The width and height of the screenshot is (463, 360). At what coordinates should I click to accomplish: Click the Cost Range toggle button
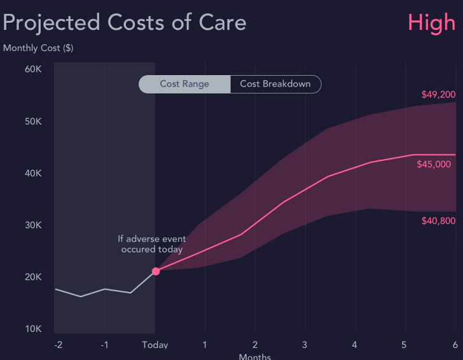[x=184, y=84]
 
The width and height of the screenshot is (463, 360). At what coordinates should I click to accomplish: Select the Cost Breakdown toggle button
[x=275, y=84]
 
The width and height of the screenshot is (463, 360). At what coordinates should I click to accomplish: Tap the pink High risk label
[x=432, y=23]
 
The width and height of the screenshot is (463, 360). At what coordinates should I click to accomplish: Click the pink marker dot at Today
[x=156, y=271]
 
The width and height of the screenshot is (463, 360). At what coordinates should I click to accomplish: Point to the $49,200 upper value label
[x=438, y=95]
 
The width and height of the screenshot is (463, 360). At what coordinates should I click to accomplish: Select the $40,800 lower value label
[x=438, y=221]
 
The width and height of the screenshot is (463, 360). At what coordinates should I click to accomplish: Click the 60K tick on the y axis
[x=33, y=69]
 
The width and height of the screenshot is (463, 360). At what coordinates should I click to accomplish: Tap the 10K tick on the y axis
[x=33, y=329]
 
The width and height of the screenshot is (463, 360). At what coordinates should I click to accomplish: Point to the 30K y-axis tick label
[x=33, y=225]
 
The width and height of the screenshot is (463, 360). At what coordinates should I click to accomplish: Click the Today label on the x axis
[x=155, y=345]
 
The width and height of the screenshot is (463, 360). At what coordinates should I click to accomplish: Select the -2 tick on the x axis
[x=58, y=345]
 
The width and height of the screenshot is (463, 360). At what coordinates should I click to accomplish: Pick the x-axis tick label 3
[x=305, y=345]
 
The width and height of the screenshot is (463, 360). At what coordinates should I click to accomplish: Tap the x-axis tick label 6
[x=455, y=345]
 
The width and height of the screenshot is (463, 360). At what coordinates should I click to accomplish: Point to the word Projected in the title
[x=52, y=24]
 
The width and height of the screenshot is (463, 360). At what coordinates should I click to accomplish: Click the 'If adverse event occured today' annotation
[x=152, y=244]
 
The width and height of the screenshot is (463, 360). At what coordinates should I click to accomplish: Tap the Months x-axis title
[x=254, y=356]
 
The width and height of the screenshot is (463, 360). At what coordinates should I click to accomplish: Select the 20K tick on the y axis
[x=33, y=277]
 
